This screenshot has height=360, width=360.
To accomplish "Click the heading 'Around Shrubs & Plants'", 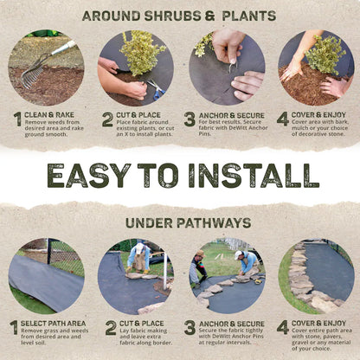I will tap(180, 16).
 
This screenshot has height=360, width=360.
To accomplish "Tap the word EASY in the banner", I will tap(93, 175).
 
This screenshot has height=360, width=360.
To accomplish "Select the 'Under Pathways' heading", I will tap(180, 223).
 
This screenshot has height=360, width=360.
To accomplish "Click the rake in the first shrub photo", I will tap(39, 67).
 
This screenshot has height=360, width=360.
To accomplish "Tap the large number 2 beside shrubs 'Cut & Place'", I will tap(107, 119).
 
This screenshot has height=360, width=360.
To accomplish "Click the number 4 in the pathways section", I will tap(283, 328).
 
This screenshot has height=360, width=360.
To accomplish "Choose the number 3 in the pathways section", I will tap(190, 328).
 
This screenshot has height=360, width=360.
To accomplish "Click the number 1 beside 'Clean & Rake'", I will tap(17, 119).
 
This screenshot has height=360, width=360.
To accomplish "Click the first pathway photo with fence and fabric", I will tap(46, 276).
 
